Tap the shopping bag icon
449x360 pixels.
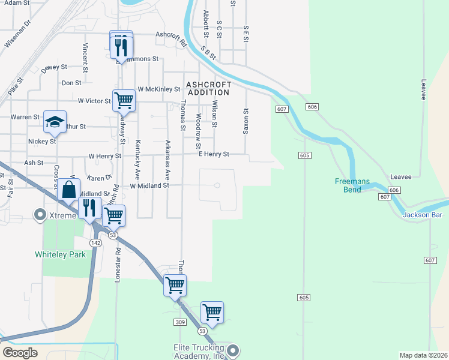pos(69,190)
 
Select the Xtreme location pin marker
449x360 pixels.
pos(41,214)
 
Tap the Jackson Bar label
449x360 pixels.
pos(423,215)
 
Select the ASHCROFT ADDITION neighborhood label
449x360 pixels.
pos(208,88)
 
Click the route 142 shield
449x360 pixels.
pos(95,242)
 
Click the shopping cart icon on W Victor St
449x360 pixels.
pos(124,100)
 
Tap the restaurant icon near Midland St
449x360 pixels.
pos(89,208)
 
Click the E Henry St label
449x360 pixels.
pos(214,154)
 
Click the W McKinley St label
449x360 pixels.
pos(158,89)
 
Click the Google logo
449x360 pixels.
pos(20,353)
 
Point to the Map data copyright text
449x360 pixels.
pos(423,355)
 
